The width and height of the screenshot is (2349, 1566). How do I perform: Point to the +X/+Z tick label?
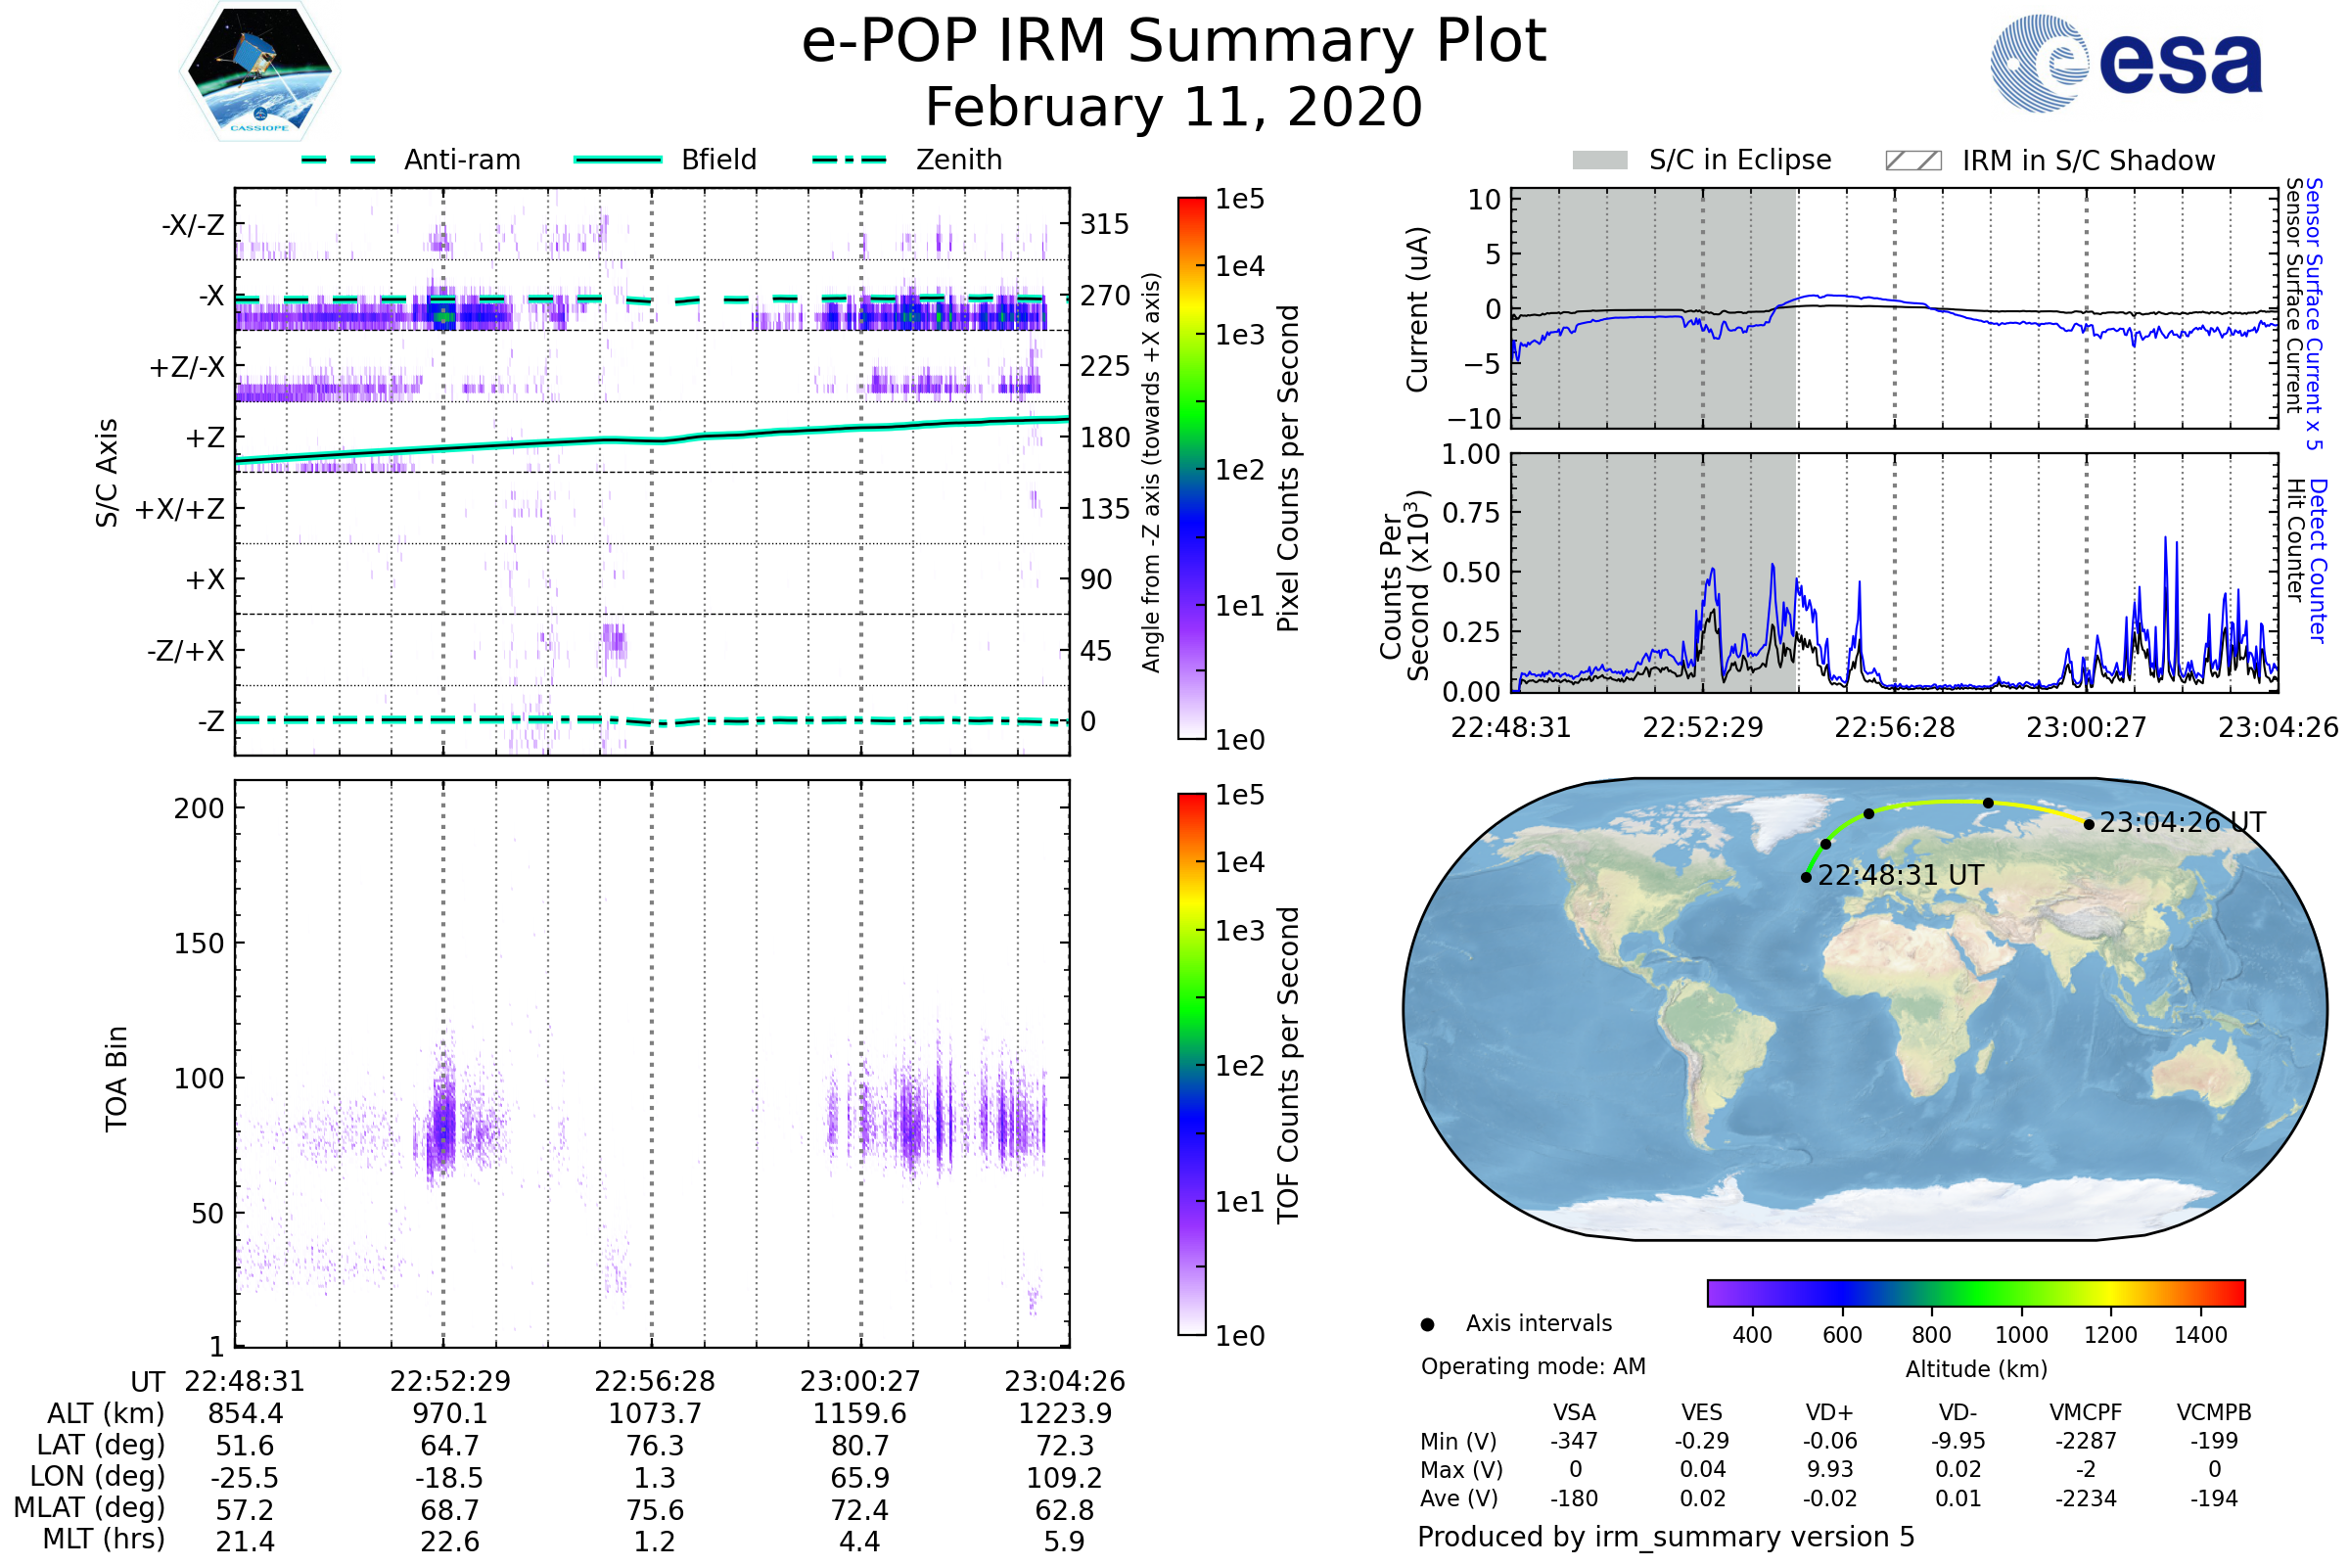180,509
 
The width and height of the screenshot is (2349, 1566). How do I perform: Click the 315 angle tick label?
1104,224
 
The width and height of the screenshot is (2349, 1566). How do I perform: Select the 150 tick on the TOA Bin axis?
199,944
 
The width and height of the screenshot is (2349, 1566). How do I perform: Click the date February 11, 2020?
1174,107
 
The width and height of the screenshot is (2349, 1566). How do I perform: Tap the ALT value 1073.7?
655,1413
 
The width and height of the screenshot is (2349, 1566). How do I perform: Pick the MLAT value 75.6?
655,1509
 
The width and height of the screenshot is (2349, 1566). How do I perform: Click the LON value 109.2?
1065,1477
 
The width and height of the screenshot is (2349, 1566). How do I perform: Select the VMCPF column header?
2086,1412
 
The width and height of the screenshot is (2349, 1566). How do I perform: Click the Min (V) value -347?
1574,1441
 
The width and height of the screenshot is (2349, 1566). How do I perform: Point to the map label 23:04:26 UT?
2183,822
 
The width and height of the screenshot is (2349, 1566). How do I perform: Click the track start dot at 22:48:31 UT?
1806,878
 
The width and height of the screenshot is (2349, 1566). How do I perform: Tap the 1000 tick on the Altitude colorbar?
2021,1335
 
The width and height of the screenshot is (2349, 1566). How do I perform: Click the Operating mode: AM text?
1533,1366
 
